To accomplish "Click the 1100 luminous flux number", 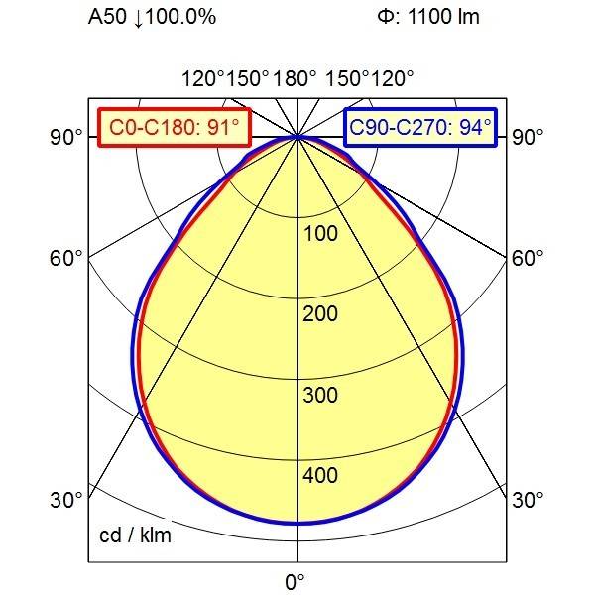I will (433, 18).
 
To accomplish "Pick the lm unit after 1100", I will (469, 18).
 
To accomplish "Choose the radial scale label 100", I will (320, 234).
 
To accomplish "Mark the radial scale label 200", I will (320, 314).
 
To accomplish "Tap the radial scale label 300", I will (320, 396).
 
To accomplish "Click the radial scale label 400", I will (320, 476).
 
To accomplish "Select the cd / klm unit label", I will (135, 536).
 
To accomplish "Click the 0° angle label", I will (296, 581).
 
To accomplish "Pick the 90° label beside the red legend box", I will (66, 137).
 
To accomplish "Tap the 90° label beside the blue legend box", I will (527, 137).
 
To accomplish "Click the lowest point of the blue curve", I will (297, 523).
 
